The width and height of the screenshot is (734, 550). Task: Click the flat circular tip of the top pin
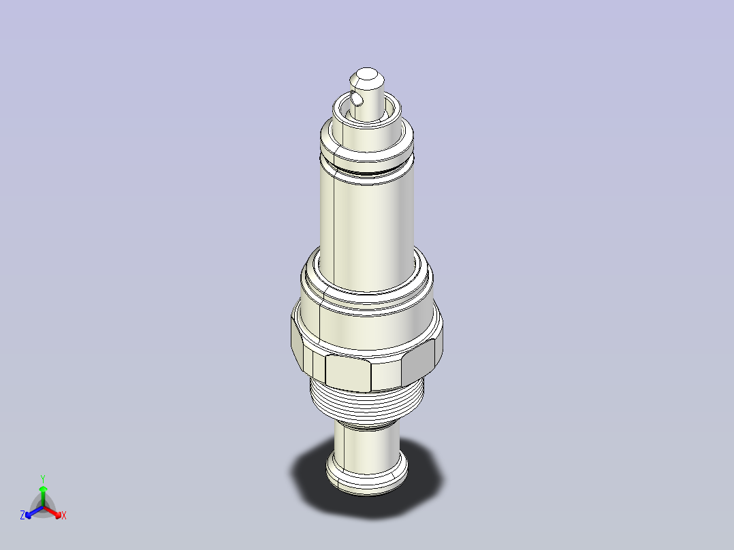pos(367,74)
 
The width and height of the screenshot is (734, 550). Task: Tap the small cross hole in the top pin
pos(357,98)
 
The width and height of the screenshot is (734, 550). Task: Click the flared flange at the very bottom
pos(367,477)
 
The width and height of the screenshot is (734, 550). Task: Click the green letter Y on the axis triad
pos(43,479)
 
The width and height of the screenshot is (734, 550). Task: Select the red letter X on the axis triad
pos(64,515)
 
